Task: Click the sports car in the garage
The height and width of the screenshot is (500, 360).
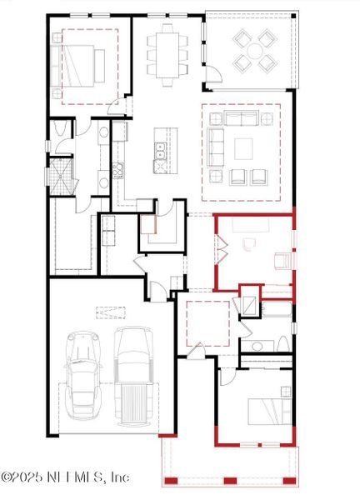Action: tap(82, 375)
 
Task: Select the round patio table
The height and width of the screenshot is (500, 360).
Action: tap(254, 49)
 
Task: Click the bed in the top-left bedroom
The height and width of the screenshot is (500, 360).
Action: tap(79, 62)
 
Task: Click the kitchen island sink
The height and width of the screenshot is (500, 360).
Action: tap(161, 151)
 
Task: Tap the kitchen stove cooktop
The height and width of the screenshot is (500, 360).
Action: tap(117, 171)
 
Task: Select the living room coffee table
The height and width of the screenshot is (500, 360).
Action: tap(243, 148)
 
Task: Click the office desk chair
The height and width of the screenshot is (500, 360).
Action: tap(247, 244)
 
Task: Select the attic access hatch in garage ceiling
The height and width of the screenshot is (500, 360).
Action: tap(109, 312)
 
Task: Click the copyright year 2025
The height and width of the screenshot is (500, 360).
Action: tap(29, 477)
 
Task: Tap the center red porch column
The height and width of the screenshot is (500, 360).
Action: tap(231, 481)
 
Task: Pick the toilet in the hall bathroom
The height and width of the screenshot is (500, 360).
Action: tap(282, 343)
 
